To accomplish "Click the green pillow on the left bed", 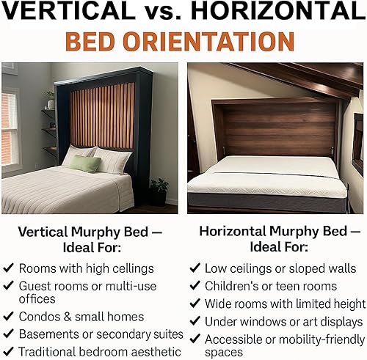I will (85, 163).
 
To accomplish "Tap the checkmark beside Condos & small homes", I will (8, 317).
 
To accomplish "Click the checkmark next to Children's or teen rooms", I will (195, 286).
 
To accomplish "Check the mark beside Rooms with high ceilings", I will (8, 268).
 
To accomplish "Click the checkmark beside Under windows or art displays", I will (195, 321).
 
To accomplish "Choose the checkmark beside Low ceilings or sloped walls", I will (195, 268).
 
